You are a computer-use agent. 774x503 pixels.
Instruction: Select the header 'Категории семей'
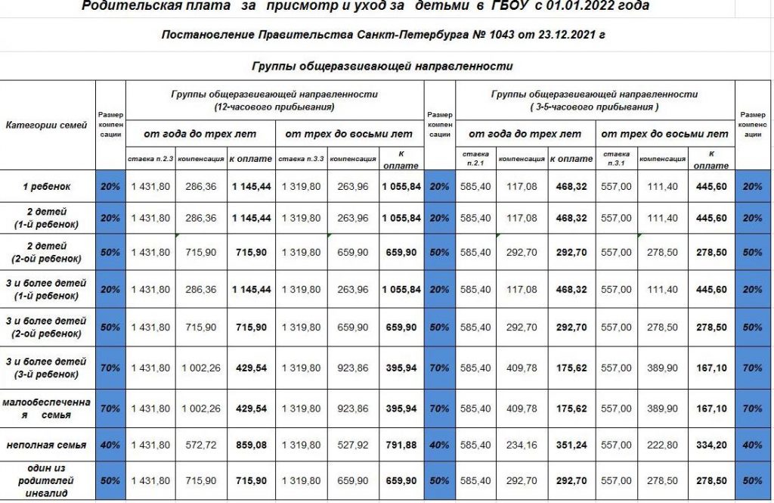(47, 126)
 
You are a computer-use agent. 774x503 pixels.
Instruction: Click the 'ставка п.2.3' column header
(151, 159)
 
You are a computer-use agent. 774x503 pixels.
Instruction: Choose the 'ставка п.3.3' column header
(302, 159)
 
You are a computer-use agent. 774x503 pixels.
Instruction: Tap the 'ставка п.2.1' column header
(475, 158)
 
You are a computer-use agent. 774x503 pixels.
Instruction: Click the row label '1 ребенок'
(47, 186)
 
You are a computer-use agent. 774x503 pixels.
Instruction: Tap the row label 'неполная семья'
(47, 446)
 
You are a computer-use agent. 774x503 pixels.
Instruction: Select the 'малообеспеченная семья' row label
(47, 408)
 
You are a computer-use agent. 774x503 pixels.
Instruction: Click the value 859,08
(250, 446)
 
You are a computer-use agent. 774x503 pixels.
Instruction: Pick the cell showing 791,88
(400, 446)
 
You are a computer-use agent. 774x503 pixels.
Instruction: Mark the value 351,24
(571, 446)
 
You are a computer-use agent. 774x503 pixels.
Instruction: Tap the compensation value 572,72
(201, 446)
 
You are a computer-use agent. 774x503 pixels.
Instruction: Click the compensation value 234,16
(522, 446)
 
